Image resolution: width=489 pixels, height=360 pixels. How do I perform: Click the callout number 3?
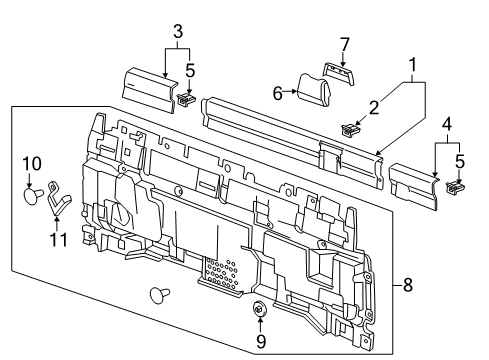(178, 32)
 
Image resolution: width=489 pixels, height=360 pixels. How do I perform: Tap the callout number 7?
(344, 45)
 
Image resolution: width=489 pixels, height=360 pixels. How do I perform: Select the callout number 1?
(413, 65)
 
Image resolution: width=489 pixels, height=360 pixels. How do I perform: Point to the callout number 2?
(374, 108)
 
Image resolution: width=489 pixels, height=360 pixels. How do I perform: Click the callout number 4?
(447, 124)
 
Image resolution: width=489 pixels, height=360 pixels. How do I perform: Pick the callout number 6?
(278, 93)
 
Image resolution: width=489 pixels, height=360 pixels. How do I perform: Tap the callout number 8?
(408, 285)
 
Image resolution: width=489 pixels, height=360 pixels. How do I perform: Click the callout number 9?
(261, 341)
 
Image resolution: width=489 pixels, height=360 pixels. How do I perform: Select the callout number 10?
(32, 163)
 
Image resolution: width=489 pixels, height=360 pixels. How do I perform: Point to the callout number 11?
(59, 239)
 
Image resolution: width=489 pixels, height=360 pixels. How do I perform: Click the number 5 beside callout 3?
(190, 70)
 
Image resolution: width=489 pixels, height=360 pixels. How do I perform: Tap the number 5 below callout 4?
(460, 161)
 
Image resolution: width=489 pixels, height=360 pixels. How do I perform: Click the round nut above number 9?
(259, 308)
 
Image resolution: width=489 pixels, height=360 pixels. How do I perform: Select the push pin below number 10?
(33, 195)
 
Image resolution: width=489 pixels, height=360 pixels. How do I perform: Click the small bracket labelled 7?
(339, 73)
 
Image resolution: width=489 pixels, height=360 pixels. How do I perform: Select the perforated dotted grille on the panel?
(220, 272)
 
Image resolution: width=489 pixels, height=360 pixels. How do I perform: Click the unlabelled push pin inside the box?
(159, 295)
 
